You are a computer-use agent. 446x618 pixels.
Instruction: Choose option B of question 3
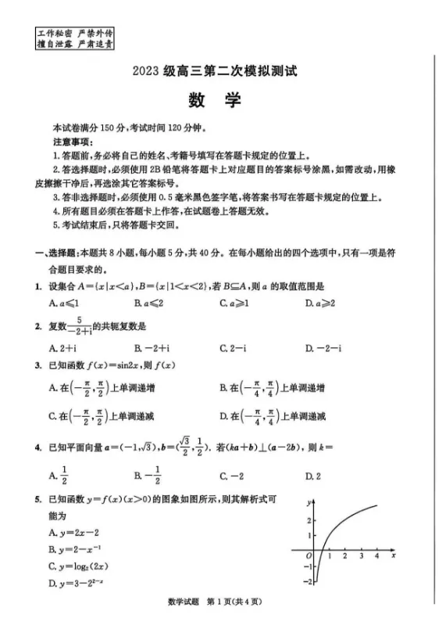click(272, 387)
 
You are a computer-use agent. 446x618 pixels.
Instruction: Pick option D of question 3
click(272, 415)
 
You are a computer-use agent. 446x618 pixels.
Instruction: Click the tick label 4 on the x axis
click(376, 555)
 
